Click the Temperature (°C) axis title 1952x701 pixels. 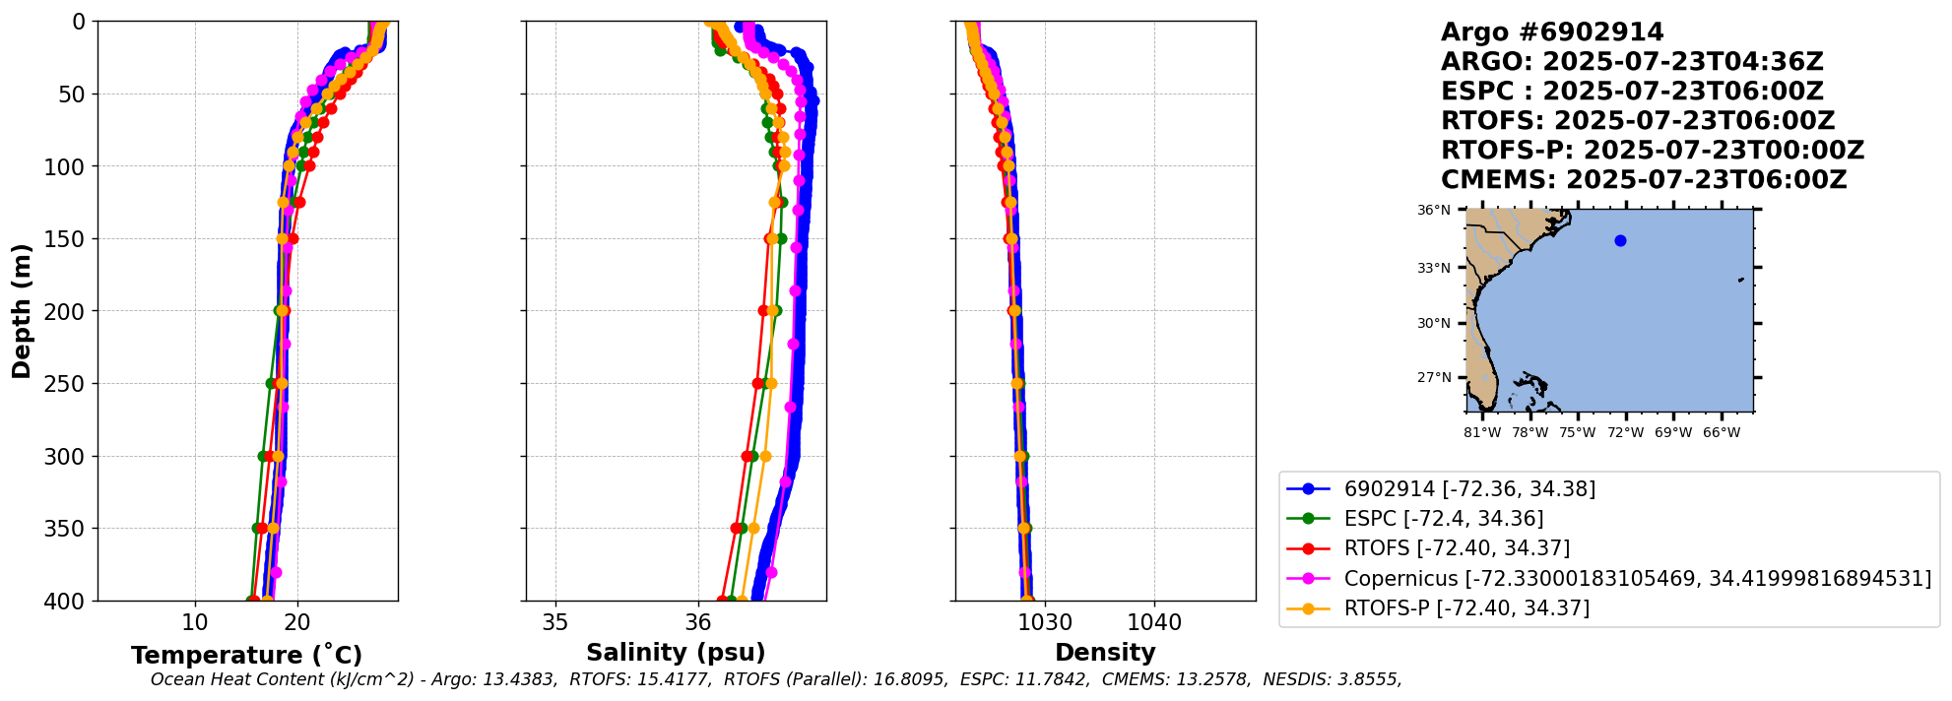(246, 655)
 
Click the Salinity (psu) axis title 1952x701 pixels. (676, 652)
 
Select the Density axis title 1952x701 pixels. (1105, 652)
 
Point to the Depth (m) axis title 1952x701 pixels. (21, 311)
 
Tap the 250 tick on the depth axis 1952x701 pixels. (68, 384)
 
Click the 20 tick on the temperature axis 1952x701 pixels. (297, 622)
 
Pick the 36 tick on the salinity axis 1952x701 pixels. (698, 622)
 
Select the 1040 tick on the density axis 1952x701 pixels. (1154, 622)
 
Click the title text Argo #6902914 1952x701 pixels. (1552, 32)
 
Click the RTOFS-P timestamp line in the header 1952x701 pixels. (1653, 151)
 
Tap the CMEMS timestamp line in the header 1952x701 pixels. (1644, 180)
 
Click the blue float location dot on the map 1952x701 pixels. (1620, 240)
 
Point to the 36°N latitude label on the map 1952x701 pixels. (1434, 210)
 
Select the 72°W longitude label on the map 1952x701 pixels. (1626, 432)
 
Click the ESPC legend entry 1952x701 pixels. (1443, 519)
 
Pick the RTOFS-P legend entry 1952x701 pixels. (1466, 608)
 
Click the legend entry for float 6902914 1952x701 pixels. (1469, 489)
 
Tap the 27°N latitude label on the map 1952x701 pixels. (1434, 377)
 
